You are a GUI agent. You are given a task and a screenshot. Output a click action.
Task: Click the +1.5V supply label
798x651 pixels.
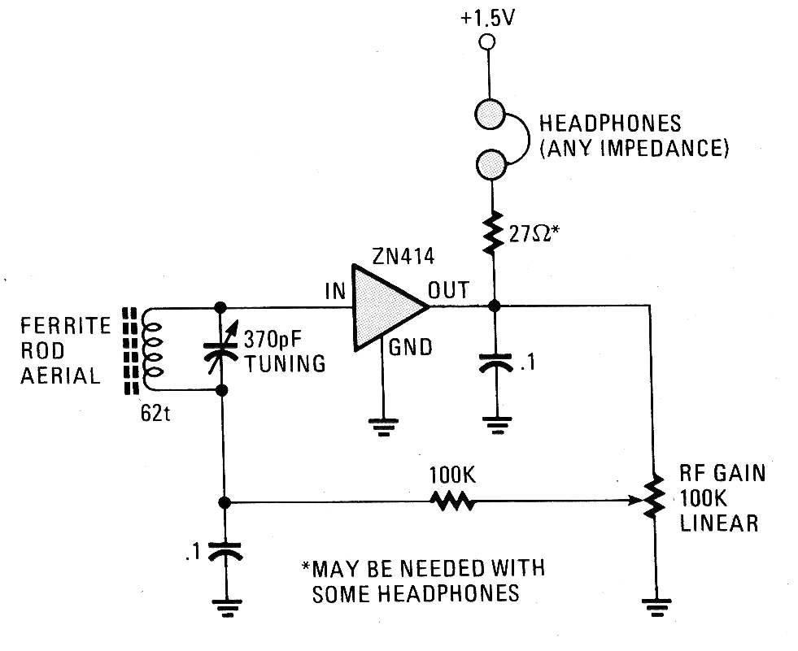coord(487,19)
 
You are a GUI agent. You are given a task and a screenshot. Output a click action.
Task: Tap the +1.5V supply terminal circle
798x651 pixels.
coord(487,41)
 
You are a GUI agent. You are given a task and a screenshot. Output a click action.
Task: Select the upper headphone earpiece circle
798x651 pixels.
coord(490,115)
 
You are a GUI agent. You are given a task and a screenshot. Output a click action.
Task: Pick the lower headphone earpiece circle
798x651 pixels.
coord(491,165)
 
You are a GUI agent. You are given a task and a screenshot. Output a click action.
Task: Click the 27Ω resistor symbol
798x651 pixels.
coord(493,232)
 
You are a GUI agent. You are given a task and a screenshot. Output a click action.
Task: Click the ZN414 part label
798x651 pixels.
coord(403,256)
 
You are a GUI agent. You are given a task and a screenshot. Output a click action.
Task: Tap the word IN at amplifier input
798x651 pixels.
coord(335,292)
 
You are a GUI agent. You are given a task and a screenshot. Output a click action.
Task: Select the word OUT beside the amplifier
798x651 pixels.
coord(448,290)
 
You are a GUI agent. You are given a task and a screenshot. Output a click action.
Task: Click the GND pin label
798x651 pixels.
coord(410,347)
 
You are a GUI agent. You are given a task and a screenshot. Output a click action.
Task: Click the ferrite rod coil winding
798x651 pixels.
coord(153,349)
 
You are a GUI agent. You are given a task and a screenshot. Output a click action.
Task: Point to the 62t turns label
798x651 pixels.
coord(155,414)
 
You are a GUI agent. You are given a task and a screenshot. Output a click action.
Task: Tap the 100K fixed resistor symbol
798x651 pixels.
coord(452,501)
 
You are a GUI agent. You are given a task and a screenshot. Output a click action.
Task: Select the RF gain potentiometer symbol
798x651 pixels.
coord(653,497)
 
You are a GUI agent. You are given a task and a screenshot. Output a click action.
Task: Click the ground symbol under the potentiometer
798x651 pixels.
coord(656,607)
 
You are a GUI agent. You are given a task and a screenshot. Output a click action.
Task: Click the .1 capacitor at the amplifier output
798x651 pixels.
coord(496,363)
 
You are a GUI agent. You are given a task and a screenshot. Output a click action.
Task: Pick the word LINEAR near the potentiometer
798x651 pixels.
coord(718,523)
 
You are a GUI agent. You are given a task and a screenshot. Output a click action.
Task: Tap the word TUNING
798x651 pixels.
coord(285,363)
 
